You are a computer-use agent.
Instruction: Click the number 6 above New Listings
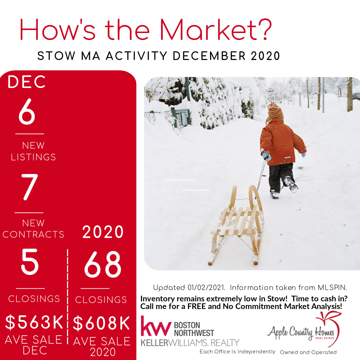27,111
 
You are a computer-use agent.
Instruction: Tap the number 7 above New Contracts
30,187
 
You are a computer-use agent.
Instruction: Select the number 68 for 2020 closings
103,264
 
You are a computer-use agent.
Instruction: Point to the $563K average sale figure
34,322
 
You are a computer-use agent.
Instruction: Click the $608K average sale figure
101,323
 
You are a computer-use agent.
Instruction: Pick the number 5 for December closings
30,262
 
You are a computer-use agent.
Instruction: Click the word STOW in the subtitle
56,56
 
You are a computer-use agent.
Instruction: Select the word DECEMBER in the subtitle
209,56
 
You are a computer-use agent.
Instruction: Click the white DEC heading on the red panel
27,82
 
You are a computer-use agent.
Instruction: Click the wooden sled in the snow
236,225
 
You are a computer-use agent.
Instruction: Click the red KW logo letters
156,326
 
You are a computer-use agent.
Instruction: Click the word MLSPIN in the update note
332,287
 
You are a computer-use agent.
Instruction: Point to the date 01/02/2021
206,288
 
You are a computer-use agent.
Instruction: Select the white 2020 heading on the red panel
103,232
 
